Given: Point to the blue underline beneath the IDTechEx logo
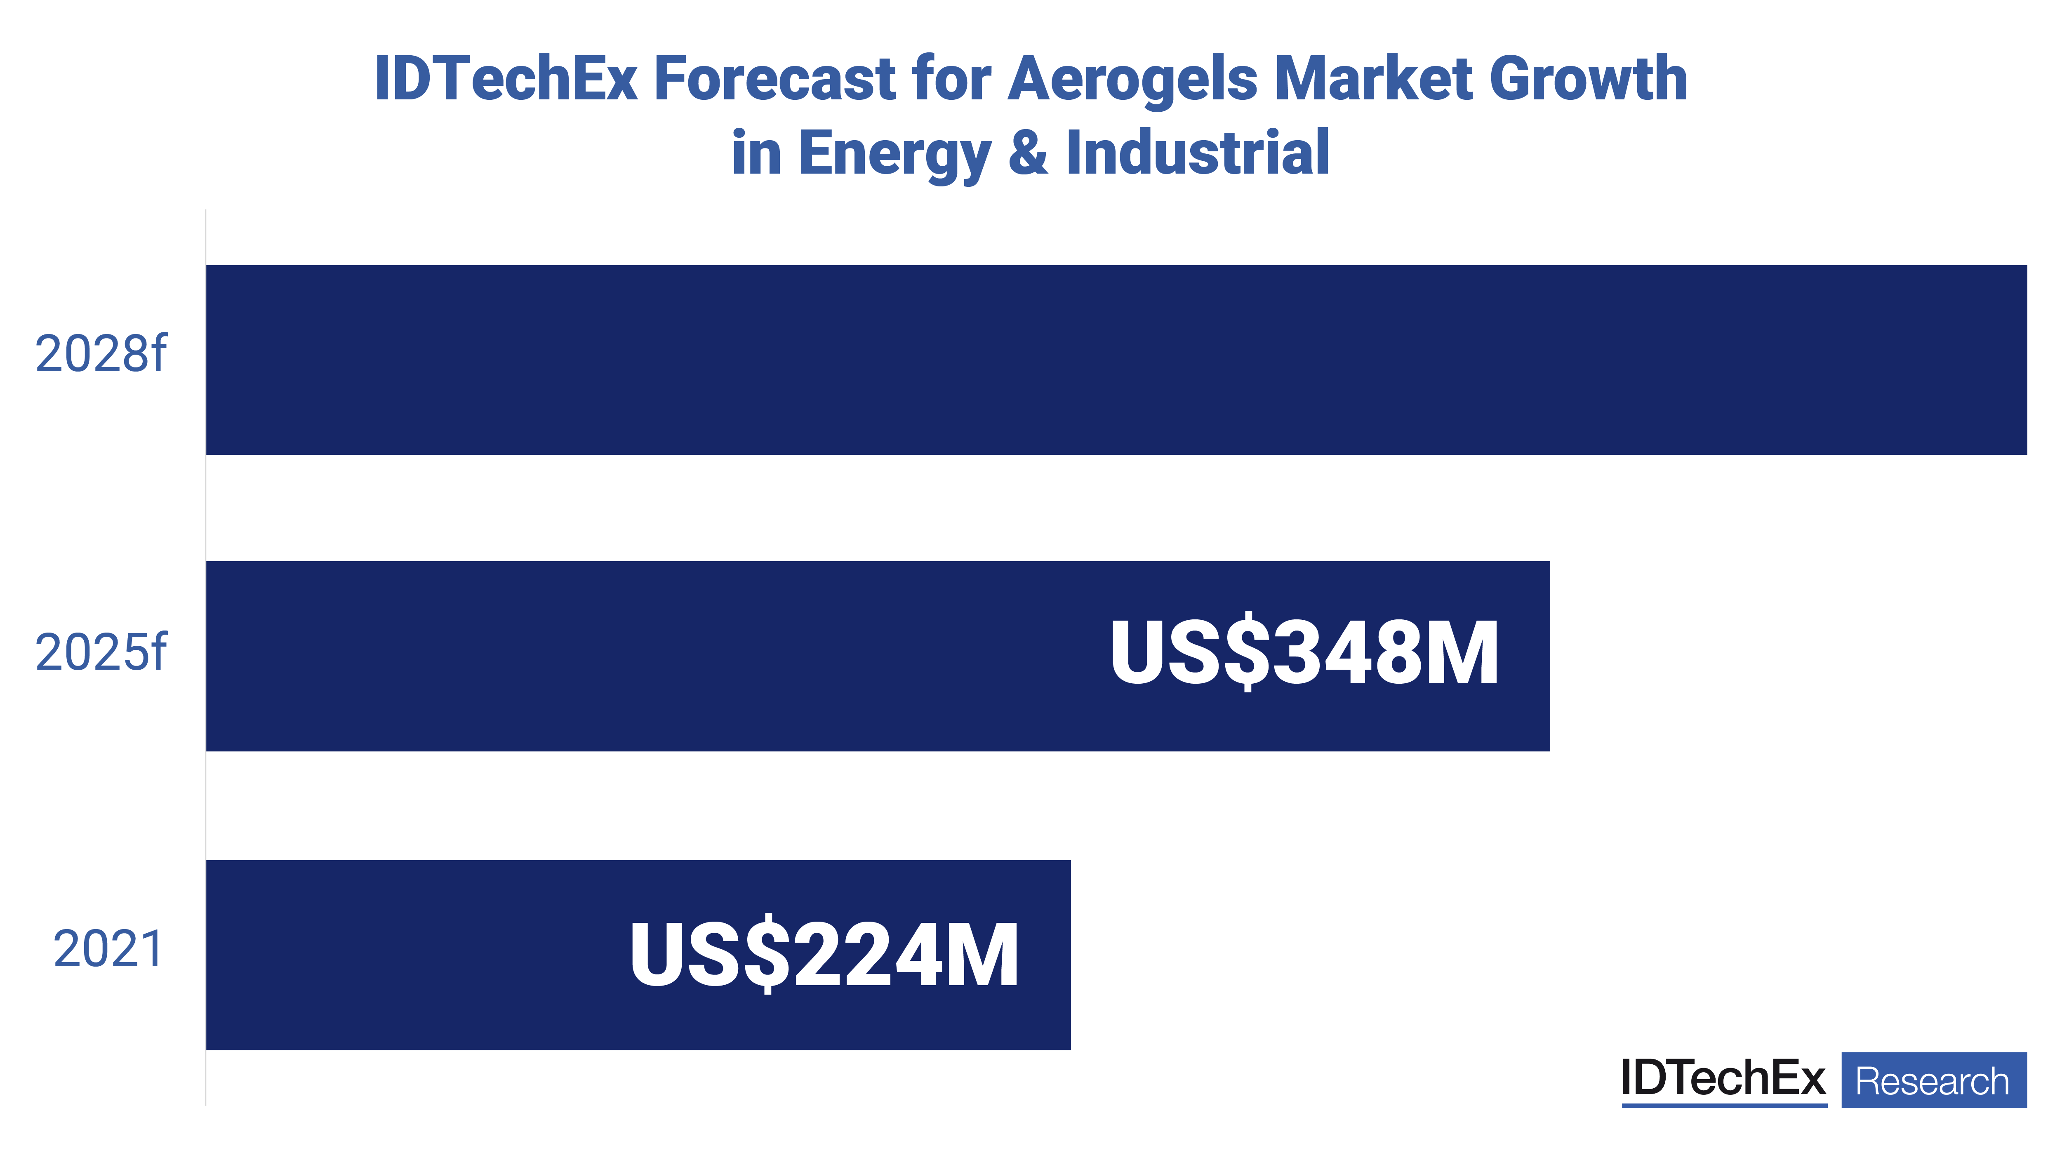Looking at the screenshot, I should coord(1723,1106).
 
